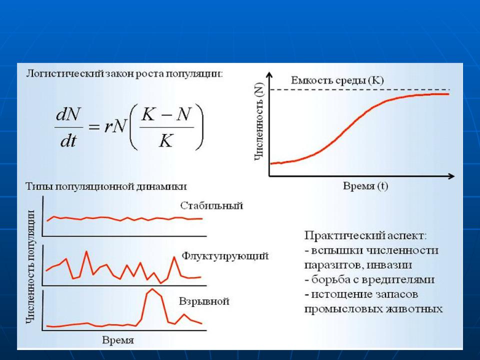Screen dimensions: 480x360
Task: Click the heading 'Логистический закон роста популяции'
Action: click(124, 74)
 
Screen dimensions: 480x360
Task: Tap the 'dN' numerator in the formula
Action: click(68, 115)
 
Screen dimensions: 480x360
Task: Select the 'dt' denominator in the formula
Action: click(68, 141)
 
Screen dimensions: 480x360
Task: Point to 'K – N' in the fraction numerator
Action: click(166, 115)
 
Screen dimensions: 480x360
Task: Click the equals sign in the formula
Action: click(94, 126)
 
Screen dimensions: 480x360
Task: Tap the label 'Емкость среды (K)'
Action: click(337, 80)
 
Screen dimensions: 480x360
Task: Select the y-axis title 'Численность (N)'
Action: click(259, 121)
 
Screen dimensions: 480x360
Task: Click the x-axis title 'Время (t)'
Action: click(365, 186)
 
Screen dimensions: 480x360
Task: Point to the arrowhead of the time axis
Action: click(451, 176)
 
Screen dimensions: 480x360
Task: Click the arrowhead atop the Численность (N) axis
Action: click(269, 74)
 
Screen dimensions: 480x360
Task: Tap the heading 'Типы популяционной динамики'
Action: click(106, 186)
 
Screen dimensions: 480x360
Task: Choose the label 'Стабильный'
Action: click(211, 205)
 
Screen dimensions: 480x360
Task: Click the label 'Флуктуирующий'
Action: click(225, 255)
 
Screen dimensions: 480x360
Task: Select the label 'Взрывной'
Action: click(204, 301)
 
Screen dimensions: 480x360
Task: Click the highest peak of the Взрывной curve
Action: click(152, 289)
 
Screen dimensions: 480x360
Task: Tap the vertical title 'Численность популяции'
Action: click(30, 266)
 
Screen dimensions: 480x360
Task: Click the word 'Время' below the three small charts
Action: click(118, 340)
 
